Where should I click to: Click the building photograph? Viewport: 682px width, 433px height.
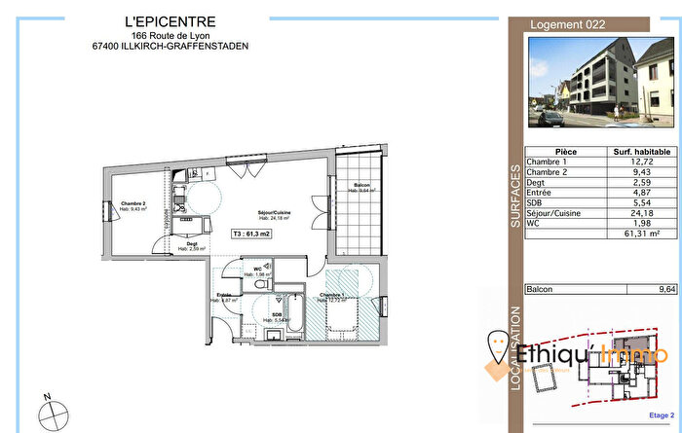tap(600, 84)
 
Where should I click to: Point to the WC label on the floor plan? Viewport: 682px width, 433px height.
tap(259, 269)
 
